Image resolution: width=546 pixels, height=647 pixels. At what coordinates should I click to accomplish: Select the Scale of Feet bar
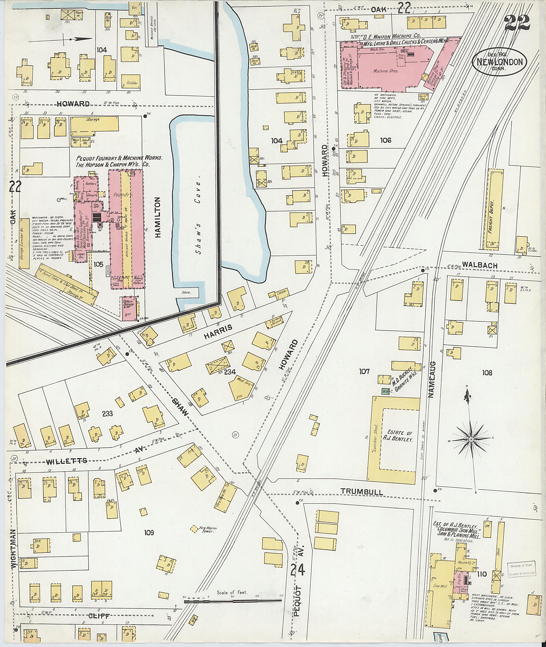(x=233, y=601)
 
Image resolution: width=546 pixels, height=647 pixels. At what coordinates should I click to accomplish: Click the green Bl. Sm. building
(x=385, y=391)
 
